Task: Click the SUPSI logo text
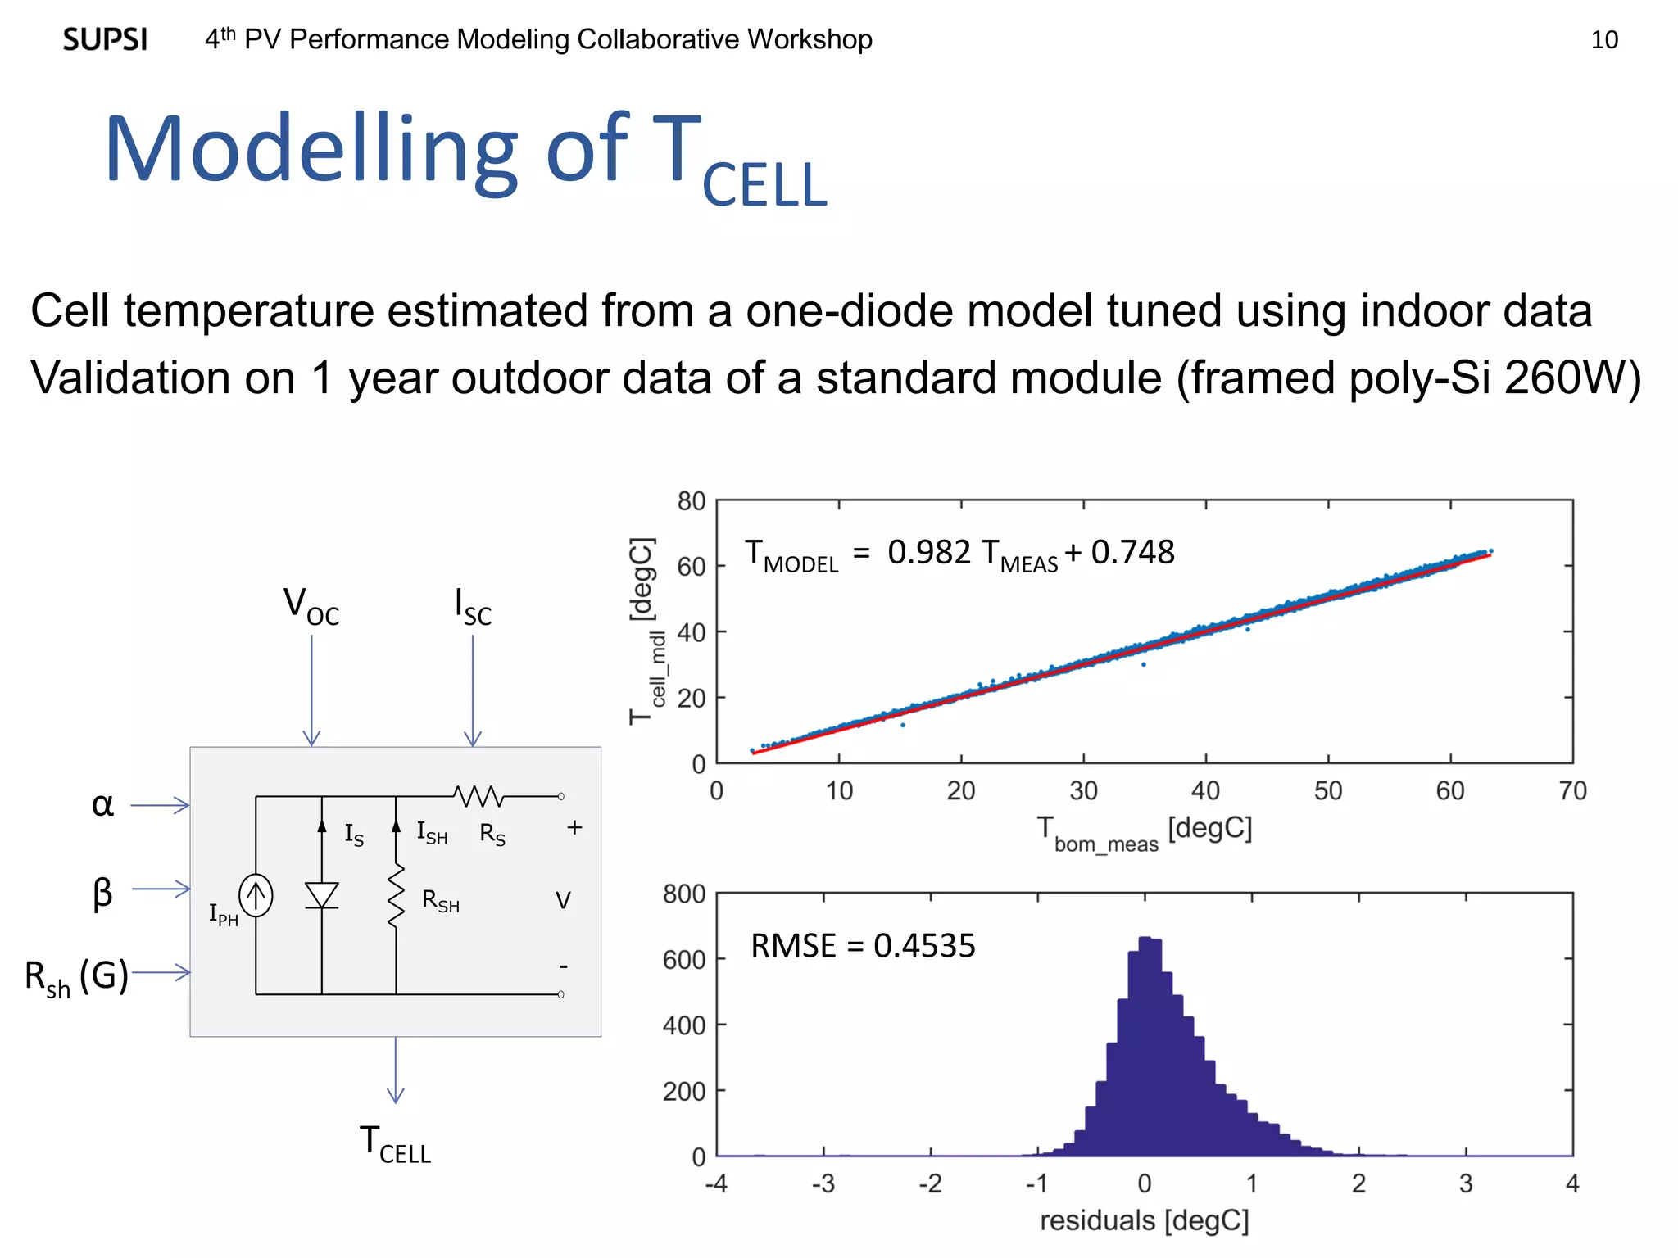pyautogui.click(x=105, y=39)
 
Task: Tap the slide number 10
pyautogui.click(x=1603, y=39)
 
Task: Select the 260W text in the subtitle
pyautogui.click(x=1565, y=378)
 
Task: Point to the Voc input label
pyautogui.click(x=311, y=606)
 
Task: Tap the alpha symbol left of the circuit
pyautogui.click(x=102, y=805)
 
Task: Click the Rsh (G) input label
pyautogui.click(x=76, y=977)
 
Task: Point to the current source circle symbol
pyautogui.click(x=256, y=895)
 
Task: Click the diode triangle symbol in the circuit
pyautogui.click(x=321, y=894)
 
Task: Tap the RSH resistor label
pyautogui.click(x=440, y=901)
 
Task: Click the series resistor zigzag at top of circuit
pyautogui.click(x=478, y=795)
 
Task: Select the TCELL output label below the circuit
pyautogui.click(x=395, y=1144)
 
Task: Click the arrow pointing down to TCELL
pyautogui.click(x=396, y=1073)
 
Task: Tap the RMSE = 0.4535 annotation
pyautogui.click(x=862, y=946)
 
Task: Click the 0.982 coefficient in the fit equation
pyautogui.click(x=928, y=553)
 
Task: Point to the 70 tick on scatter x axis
pyautogui.click(x=1571, y=791)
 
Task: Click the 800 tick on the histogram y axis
pyautogui.click(x=684, y=894)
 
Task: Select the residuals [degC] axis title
pyautogui.click(x=1144, y=1220)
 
